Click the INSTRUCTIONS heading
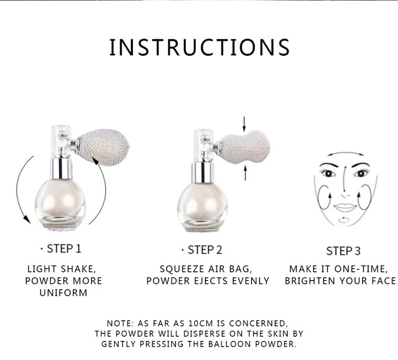pos(200,47)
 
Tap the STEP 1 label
pos(63,249)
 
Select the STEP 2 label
pos(205,250)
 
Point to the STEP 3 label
pos(343,251)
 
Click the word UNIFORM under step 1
pos(63,293)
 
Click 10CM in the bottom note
pos(201,323)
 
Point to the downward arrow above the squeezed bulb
pos(244,124)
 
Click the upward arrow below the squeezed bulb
pos(245,173)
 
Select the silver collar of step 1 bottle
pos(60,169)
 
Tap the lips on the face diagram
pos(345,207)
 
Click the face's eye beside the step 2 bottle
pos(328,173)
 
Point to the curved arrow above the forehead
pos(345,153)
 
